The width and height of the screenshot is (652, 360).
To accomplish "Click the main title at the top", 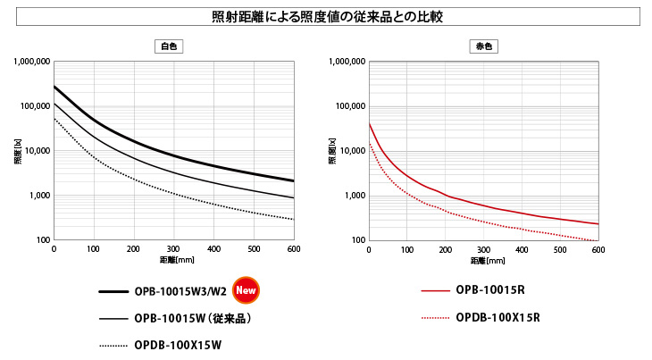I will [x=326, y=17].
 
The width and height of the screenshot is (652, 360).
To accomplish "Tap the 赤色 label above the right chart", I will [x=481, y=46].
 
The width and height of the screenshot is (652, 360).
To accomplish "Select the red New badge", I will [x=246, y=289].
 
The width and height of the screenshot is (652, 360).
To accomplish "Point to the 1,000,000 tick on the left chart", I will [x=31, y=62].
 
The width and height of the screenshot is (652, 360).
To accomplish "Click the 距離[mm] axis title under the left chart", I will [x=173, y=260].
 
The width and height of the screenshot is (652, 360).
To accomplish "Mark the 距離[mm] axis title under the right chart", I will [x=483, y=260].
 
